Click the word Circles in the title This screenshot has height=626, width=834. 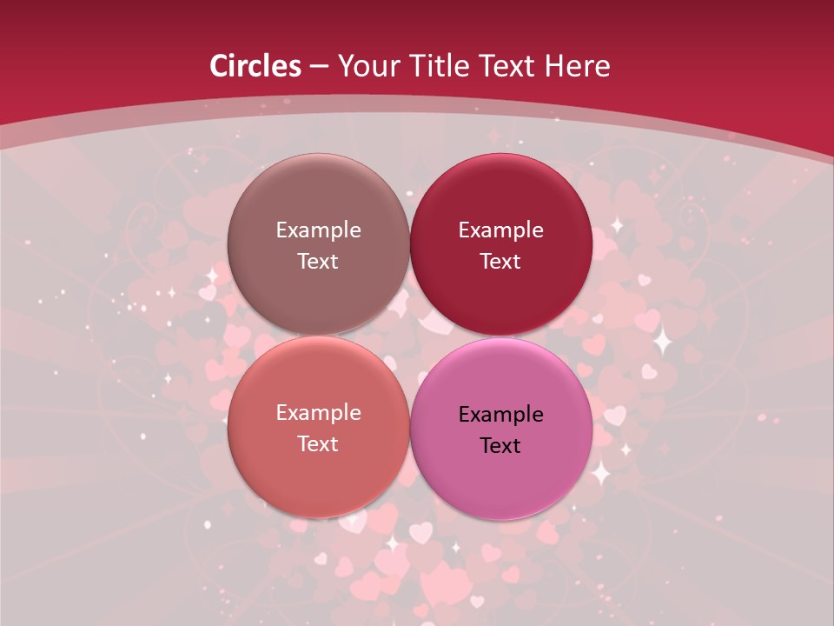click(x=255, y=66)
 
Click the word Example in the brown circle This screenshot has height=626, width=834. click(x=318, y=230)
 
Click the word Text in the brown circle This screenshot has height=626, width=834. click(x=318, y=262)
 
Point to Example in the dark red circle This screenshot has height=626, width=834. click(x=501, y=230)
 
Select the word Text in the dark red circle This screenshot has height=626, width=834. click(x=501, y=262)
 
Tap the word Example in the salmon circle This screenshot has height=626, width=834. click(x=318, y=413)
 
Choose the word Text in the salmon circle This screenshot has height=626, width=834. click(x=318, y=444)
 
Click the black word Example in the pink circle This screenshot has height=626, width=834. click(x=501, y=415)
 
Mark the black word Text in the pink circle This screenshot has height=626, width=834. click(x=501, y=446)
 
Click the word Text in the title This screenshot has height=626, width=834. click(x=509, y=66)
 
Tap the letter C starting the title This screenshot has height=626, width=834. click(x=219, y=66)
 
